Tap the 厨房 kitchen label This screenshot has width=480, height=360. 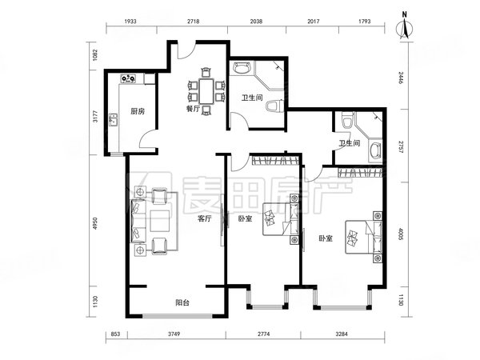tap(137, 111)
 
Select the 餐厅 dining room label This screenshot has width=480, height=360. tap(193, 109)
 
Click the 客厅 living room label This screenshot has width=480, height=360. tap(205, 218)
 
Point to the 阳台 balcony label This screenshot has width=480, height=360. tap(182, 302)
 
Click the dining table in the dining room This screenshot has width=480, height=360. tap(206, 91)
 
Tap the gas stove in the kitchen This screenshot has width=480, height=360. tap(129, 78)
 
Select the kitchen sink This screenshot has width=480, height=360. tap(113, 120)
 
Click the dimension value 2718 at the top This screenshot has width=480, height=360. tap(193, 22)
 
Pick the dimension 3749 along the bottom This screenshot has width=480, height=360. tap(174, 334)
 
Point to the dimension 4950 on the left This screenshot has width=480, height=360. tap(95, 223)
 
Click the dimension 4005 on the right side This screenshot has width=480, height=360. tap(401, 233)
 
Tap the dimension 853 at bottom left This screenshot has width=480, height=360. tap(115, 334)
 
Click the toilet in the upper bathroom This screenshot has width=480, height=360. tap(273, 106)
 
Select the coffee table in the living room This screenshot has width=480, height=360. tap(160, 221)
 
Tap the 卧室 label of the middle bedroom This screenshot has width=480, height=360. tap(246, 218)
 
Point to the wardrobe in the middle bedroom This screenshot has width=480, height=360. tap(275, 161)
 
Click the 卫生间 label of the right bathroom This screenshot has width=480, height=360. tap(350, 143)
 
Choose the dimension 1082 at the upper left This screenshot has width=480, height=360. tap(95, 54)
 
